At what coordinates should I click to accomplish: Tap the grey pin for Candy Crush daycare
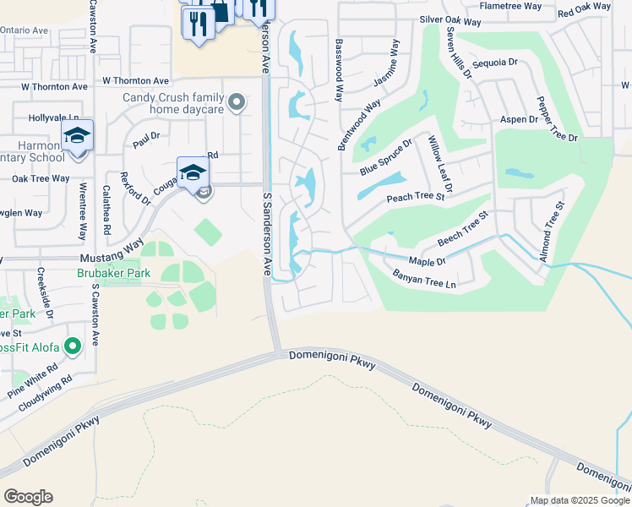coord(237,104)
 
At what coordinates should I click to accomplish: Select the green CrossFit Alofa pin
coord(73,345)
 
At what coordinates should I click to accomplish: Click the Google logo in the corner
coord(28,497)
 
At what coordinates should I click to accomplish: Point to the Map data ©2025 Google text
coord(579,500)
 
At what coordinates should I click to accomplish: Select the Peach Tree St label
coord(415,198)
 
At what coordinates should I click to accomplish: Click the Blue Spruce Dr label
coord(385,157)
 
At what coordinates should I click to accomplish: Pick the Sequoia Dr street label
coord(494,63)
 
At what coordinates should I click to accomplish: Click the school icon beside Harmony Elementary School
coord(77,135)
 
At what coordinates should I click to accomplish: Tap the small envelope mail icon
coord(204,194)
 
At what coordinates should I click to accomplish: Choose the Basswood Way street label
coord(340,70)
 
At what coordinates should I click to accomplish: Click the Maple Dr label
coord(427,262)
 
